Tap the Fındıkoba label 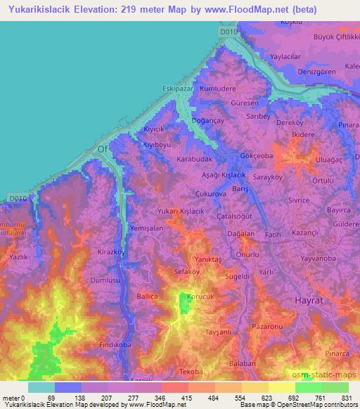(x=116, y=345)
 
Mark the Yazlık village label (x=17, y=258)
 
